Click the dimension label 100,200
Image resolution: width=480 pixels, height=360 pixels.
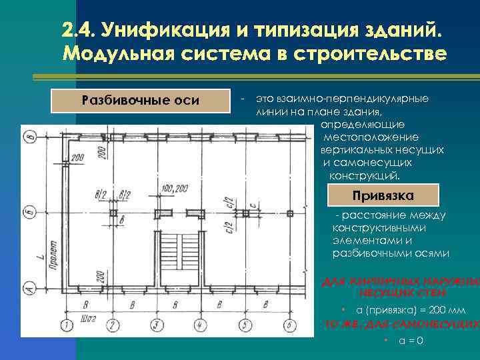175,189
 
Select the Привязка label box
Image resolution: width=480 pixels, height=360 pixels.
383,196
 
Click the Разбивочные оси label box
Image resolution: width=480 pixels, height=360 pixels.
139,101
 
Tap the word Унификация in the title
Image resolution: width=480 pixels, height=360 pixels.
147,31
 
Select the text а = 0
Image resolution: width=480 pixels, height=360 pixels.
411,341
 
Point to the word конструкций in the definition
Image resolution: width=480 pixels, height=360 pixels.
365,176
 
